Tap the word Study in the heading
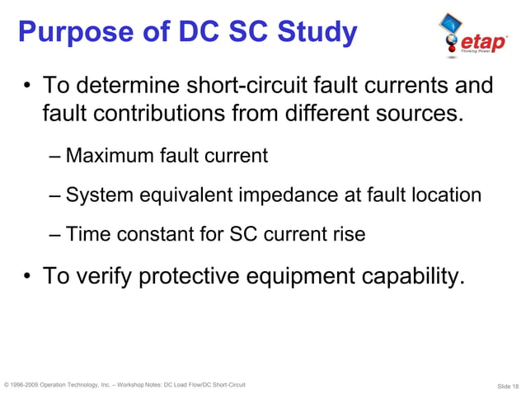(313, 33)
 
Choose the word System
(96, 195)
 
